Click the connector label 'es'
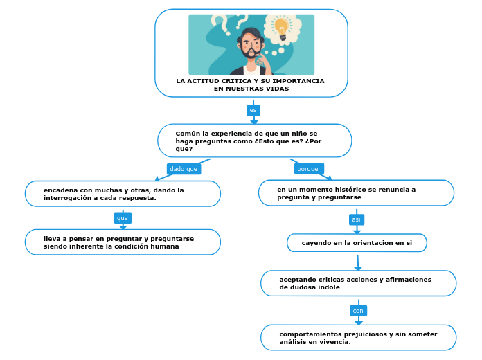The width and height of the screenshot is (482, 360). tap(253, 110)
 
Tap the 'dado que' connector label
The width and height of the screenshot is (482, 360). tap(184, 169)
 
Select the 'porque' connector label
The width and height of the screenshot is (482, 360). tap(307, 169)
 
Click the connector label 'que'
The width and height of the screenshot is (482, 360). tap(123, 218)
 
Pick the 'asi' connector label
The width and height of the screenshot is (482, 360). tap(357, 219)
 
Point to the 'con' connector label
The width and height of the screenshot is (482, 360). tap(358, 311)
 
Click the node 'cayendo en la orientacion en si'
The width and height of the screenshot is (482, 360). tap(357, 243)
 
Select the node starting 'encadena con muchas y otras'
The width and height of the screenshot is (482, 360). tap(123, 194)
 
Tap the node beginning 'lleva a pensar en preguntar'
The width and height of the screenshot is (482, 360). tap(123, 242)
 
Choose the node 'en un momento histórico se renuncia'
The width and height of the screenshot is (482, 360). tap(356, 193)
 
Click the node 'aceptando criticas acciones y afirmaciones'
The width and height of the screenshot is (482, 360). tap(358, 283)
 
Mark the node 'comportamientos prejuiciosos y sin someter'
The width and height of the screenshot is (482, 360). tap(358, 338)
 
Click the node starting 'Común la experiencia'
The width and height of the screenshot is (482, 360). tap(254, 141)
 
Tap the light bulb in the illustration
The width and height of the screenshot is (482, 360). tap(281, 27)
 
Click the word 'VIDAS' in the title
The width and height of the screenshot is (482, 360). tap(276, 89)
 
